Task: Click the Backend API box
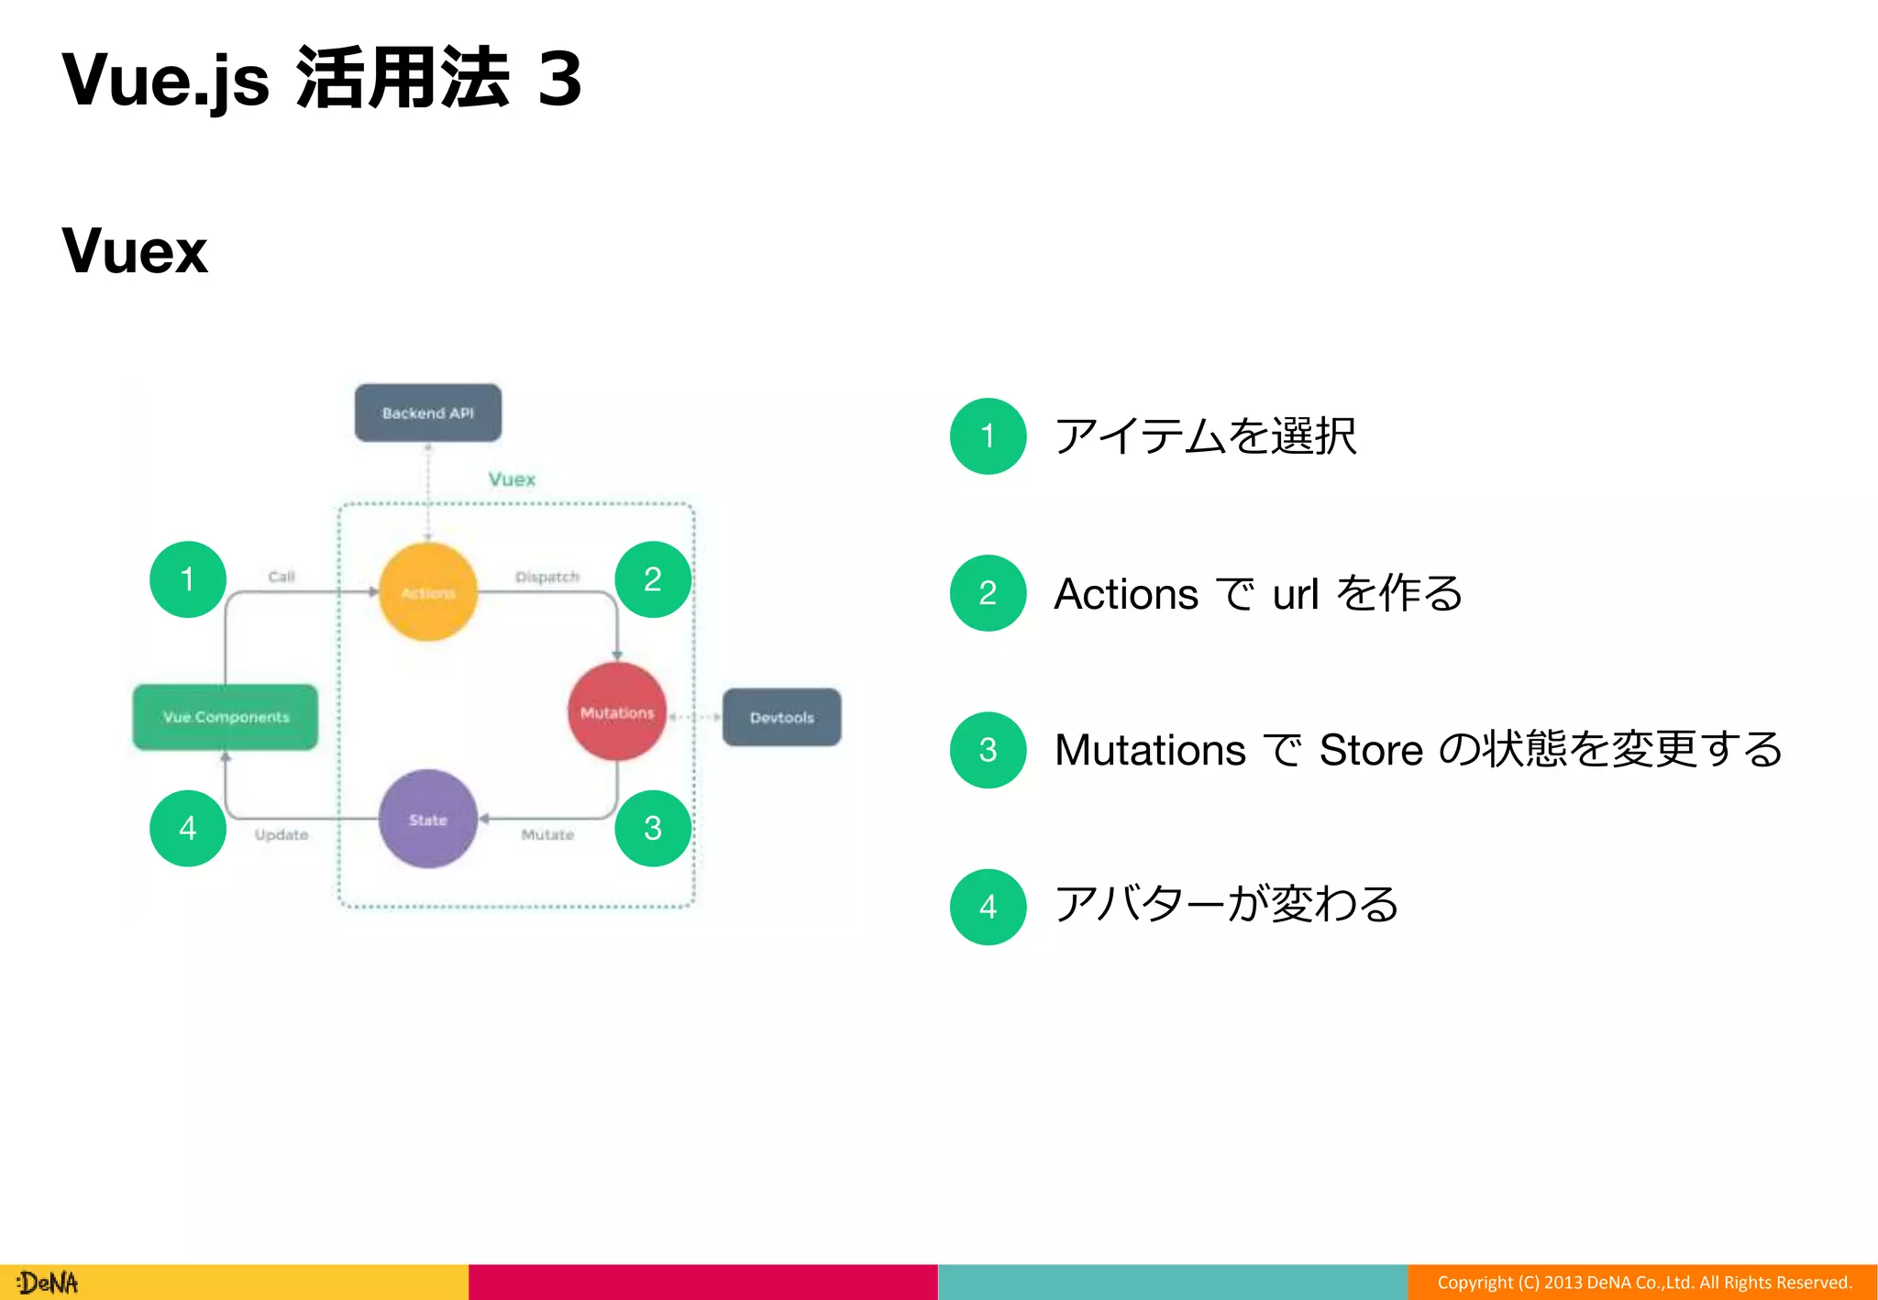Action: pyautogui.click(x=427, y=413)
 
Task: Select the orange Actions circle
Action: pyautogui.click(x=428, y=592)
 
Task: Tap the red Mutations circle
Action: pyautogui.click(x=617, y=712)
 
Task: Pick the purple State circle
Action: pyautogui.click(x=428, y=819)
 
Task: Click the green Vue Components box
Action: pyautogui.click(x=226, y=717)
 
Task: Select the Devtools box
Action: pyautogui.click(x=781, y=717)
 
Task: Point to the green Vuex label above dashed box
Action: pyautogui.click(x=512, y=479)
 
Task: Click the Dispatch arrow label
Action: pyautogui.click(x=547, y=577)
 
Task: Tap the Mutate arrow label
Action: pyautogui.click(x=547, y=834)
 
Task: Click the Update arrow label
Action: pyautogui.click(x=282, y=834)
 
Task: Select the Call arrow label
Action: pyautogui.click(x=282, y=577)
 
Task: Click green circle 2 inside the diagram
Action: pyautogui.click(x=653, y=579)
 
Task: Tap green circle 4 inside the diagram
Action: pyautogui.click(x=188, y=828)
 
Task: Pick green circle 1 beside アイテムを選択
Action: pyautogui.click(x=988, y=436)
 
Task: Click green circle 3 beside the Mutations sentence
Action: pyautogui.click(x=988, y=750)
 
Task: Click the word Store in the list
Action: pyautogui.click(x=1371, y=750)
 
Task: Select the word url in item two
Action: pyautogui.click(x=1295, y=594)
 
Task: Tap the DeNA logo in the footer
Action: pyautogui.click(x=48, y=1282)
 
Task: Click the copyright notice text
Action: pyautogui.click(x=1644, y=1282)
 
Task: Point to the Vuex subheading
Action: pyautogui.click(x=135, y=250)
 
